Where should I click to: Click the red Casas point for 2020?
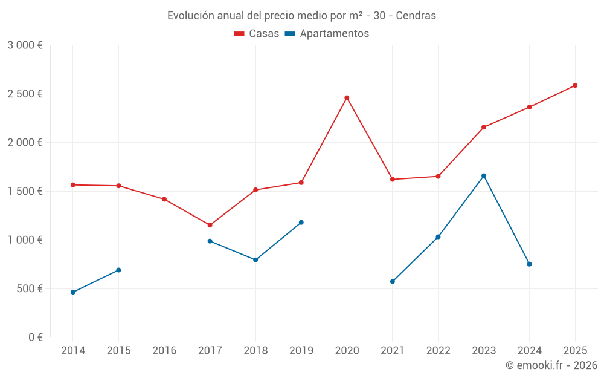click(347, 97)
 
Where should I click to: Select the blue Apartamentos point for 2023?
click(484, 176)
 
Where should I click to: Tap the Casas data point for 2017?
click(210, 225)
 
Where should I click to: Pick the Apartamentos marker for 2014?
click(73, 292)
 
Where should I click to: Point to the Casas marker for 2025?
click(575, 85)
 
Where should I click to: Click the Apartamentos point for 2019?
click(301, 223)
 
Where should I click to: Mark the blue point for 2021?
click(393, 281)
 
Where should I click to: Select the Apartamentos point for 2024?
click(529, 264)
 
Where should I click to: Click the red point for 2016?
click(164, 199)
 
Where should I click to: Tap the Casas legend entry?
click(257, 34)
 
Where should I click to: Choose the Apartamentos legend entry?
click(327, 34)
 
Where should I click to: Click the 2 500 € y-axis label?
click(25, 94)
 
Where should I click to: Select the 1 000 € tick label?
click(25, 240)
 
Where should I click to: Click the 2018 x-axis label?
click(255, 350)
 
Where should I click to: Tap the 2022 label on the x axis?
click(438, 350)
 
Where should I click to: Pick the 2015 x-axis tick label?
click(118, 350)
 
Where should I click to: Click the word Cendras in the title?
click(416, 16)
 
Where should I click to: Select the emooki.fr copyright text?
click(551, 365)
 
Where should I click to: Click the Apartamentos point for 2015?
click(118, 270)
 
